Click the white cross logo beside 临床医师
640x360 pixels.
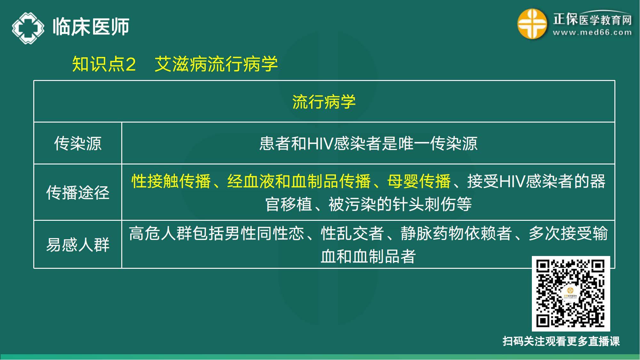(x=28, y=28)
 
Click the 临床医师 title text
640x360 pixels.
(x=91, y=27)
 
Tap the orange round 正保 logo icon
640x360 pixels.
(x=532, y=24)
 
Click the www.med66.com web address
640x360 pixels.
(x=592, y=32)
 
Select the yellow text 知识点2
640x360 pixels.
(x=104, y=64)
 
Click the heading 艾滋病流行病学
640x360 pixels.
(x=216, y=64)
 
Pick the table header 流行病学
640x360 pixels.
(x=324, y=102)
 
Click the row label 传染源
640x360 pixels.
(x=78, y=143)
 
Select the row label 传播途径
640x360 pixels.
(x=78, y=193)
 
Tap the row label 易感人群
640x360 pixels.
(x=78, y=245)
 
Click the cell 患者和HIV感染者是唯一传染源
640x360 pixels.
(x=368, y=143)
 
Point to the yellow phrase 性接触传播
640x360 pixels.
(x=171, y=181)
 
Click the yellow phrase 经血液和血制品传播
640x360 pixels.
(x=299, y=181)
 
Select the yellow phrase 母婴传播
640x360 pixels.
(x=419, y=181)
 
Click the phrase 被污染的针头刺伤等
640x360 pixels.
(x=400, y=204)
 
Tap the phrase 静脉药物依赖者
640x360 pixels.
(x=456, y=233)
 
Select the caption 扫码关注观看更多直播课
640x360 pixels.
(x=561, y=341)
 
